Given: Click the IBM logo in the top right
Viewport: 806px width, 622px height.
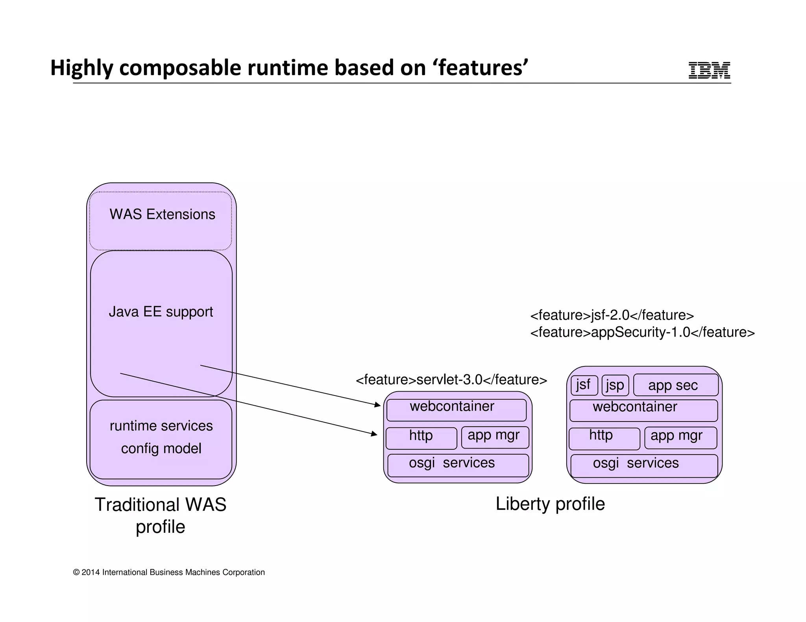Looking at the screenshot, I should [709, 70].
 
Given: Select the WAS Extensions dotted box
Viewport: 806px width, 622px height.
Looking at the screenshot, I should [161, 221].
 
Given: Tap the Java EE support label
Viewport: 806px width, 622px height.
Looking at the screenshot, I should [161, 312].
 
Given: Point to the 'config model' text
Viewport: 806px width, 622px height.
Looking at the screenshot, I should [161, 449].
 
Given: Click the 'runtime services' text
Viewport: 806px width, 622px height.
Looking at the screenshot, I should [161, 426].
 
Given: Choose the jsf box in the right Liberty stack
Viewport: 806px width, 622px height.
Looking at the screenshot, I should [584, 385].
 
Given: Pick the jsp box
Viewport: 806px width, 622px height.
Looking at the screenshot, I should [615, 385].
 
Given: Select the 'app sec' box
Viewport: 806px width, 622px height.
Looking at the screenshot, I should [675, 385].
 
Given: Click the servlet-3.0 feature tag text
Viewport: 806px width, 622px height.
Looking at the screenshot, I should [451, 380].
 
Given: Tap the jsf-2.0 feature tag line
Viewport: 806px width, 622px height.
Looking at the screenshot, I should [612, 315].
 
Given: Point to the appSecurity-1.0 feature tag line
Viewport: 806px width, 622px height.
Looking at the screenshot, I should [642, 333].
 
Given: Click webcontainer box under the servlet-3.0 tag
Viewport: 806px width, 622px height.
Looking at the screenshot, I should [456, 410].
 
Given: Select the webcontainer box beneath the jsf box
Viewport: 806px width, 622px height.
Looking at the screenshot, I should [643, 410].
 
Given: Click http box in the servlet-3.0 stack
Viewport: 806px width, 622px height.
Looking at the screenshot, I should [421, 438].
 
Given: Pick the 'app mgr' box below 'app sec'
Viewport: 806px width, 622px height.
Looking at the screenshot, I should [680, 438].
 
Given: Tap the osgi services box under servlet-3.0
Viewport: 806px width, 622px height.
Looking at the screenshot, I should [458, 466].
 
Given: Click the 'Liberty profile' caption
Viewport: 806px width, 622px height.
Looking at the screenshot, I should [550, 504].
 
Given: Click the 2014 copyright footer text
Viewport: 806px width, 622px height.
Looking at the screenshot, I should [169, 572].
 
